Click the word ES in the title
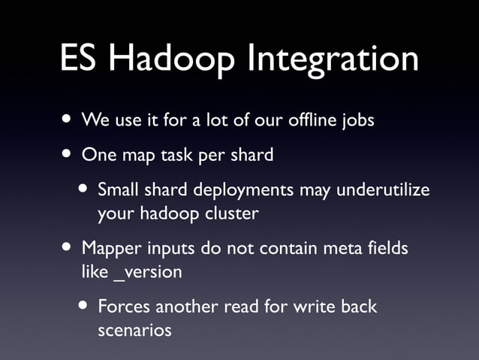(x=83, y=59)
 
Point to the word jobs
(x=356, y=121)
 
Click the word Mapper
(x=108, y=249)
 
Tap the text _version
(x=147, y=272)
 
